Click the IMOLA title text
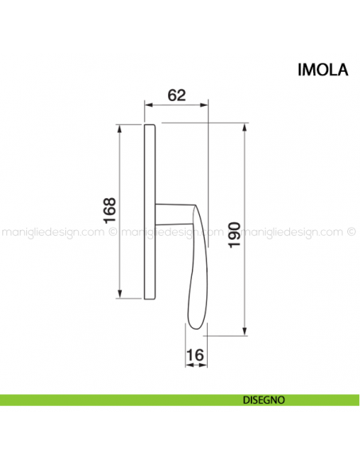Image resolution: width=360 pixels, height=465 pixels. [x=322, y=69]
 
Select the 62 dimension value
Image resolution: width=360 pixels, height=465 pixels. [x=177, y=94]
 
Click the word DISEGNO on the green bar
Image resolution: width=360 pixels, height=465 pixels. [x=264, y=401]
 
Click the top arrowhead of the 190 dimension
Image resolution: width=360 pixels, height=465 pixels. [x=245, y=127]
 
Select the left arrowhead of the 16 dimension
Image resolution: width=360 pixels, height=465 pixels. [x=190, y=365]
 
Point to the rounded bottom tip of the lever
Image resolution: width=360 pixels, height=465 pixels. [x=195, y=328]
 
